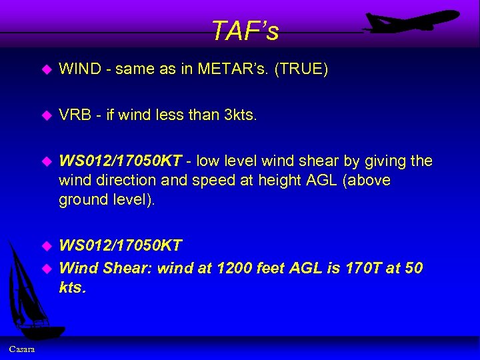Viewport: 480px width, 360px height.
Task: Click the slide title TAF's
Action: click(x=245, y=31)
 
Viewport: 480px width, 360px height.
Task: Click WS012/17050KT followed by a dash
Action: click(x=121, y=161)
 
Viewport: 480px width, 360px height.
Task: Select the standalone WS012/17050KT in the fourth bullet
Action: click(x=121, y=246)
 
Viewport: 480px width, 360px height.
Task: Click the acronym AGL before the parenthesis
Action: click(x=307, y=181)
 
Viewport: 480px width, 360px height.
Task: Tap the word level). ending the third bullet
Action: click(x=133, y=199)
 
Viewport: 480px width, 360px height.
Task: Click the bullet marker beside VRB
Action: click(x=47, y=115)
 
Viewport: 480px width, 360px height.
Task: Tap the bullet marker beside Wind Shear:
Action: click(x=47, y=269)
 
